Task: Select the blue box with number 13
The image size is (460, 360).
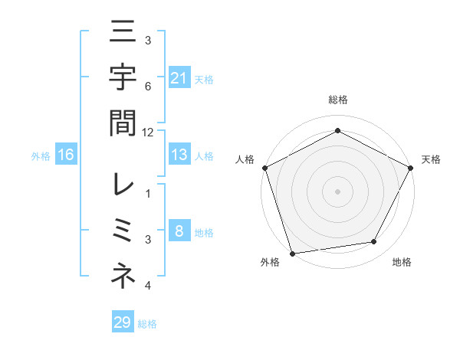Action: [x=179, y=155]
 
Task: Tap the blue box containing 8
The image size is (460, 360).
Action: [x=179, y=231]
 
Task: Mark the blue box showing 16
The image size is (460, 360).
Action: [x=66, y=155]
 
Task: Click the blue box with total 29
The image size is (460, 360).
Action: [x=123, y=322]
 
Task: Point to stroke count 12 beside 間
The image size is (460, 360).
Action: [x=148, y=132]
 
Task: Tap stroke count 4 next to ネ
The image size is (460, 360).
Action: [x=148, y=286]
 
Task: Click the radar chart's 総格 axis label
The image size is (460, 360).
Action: [x=337, y=100]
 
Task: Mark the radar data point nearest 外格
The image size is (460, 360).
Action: [x=292, y=253]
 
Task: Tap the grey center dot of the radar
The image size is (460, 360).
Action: [x=337, y=191]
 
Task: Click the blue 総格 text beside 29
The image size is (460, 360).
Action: [x=147, y=324]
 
